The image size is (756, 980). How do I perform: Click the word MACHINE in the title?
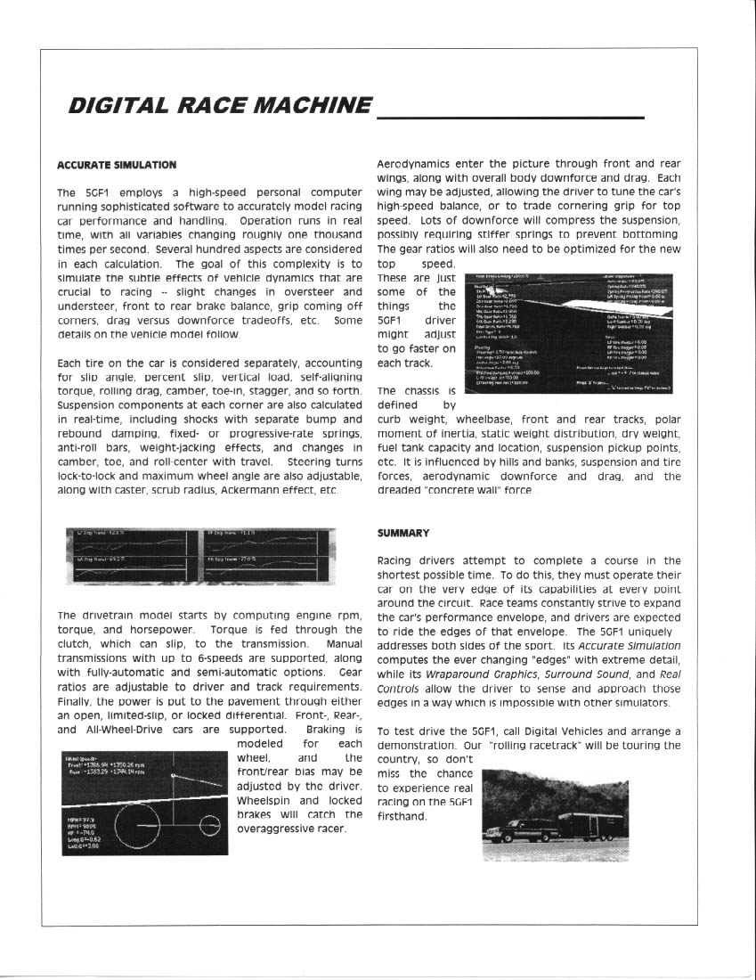click(311, 105)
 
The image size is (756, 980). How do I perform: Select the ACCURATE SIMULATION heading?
click(116, 165)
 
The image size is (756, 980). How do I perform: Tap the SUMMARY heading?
click(402, 533)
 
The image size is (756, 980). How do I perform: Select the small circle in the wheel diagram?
click(209, 821)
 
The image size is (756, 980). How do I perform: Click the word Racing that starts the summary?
click(398, 560)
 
